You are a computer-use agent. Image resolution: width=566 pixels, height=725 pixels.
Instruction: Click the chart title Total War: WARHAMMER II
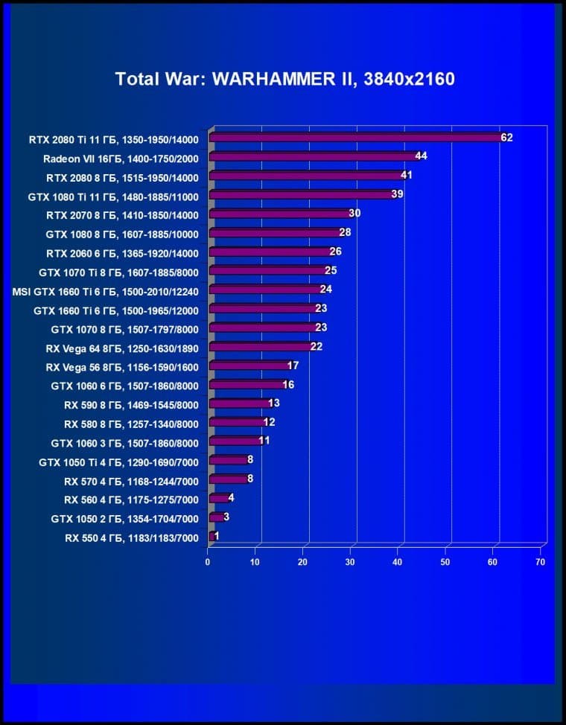(284, 79)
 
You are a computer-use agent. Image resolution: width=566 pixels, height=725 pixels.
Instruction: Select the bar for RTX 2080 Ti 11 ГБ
(356, 138)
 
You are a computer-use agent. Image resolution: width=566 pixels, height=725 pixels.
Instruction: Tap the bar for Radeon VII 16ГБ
(313, 157)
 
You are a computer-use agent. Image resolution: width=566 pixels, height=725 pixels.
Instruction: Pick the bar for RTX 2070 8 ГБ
(280, 214)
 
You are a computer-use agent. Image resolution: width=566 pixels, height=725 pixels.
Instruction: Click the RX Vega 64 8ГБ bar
(261, 347)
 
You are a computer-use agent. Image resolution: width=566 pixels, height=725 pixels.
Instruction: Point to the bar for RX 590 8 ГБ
(239, 404)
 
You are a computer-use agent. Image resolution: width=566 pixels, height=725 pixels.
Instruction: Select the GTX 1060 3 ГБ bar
(235, 441)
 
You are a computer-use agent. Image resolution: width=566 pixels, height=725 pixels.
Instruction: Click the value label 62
(507, 138)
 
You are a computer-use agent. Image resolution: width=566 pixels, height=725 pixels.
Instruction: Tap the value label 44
(421, 156)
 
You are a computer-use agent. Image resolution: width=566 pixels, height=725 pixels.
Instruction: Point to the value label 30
(354, 214)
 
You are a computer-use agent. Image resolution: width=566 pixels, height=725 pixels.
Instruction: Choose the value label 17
(293, 365)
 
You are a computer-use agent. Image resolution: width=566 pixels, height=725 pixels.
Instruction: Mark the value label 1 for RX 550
(217, 536)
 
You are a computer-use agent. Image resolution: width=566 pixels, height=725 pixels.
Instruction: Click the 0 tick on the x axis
(209, 562)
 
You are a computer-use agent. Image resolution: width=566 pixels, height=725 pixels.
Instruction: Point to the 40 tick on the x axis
(398, 562)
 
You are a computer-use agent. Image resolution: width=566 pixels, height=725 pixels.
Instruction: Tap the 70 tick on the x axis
(540, 562)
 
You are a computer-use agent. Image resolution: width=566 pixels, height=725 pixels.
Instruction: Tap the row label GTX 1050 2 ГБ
(125, 518)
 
